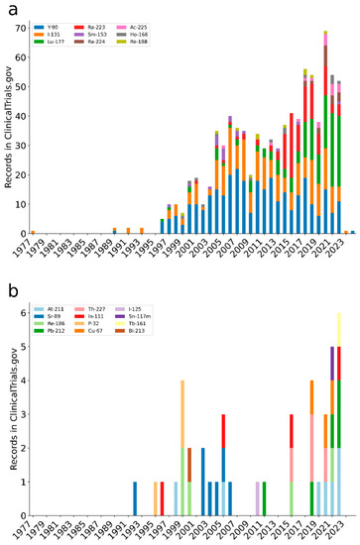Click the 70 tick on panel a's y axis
coord(24,28)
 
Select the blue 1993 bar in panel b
coord(135,498)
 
